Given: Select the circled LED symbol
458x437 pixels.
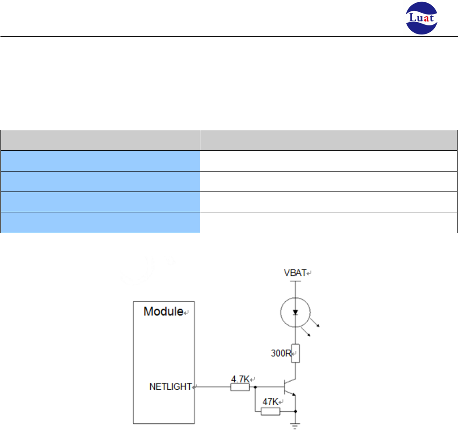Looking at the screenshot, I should pos(295,312).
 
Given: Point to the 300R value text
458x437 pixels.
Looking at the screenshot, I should pos(281,353).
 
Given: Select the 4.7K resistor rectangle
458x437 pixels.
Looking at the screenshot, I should pos(240,387).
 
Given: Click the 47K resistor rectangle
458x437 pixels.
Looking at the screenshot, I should pos(271,411).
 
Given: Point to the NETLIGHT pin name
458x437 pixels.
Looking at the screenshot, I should pos(170,387).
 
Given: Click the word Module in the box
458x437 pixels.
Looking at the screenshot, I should pos(163,312).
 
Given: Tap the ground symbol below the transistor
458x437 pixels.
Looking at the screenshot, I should pos(295,426).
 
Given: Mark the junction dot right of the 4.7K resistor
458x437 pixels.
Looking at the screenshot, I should pos(256,387).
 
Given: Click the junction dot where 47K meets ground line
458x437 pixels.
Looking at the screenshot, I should pos(295,411).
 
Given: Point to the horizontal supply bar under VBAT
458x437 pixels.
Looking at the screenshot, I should pos(295,281).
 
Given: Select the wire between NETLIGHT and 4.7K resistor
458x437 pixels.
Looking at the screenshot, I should pos(212,387).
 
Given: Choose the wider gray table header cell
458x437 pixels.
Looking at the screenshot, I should pos(329,139).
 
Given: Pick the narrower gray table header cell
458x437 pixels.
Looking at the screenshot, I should pos(100,139).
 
